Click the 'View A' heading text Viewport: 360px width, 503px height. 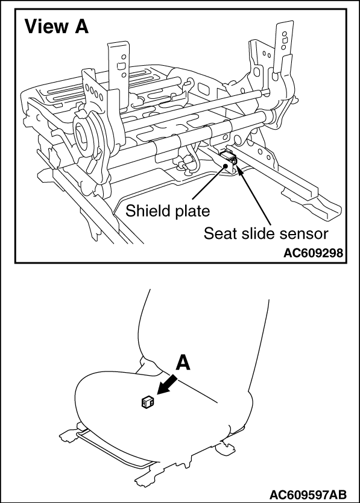click(56, 27)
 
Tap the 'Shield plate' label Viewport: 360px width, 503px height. click(168, 211)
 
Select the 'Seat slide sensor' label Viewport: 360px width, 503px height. click(266, 233)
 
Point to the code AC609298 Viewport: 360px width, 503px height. click(313, 253)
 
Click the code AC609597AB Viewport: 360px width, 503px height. click(308, 493)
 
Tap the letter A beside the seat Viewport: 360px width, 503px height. click(183, 363)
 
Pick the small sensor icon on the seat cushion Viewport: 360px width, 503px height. click(148, 402)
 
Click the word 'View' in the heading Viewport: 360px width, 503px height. click(46, 27)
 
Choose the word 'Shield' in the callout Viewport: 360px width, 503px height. click(147, 210)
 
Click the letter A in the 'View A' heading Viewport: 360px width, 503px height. click(81, 27)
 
